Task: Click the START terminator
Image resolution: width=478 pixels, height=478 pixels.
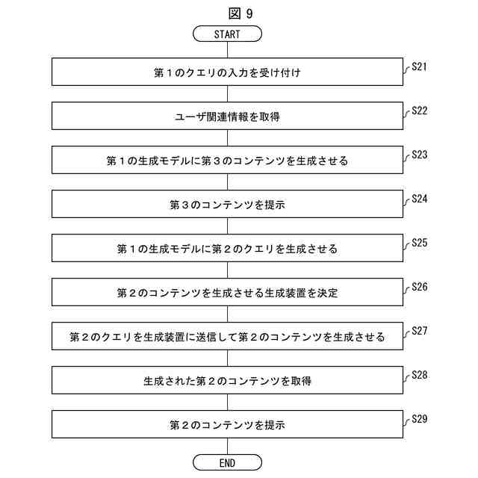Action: [x=227, y=34]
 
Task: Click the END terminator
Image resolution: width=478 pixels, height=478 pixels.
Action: [x=227, y=462]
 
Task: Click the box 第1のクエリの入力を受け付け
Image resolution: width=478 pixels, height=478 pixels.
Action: [x=227, y=73]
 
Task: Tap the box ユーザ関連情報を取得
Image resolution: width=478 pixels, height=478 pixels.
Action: [x=227, y=117]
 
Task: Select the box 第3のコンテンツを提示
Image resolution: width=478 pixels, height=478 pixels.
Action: [x=227, y=205]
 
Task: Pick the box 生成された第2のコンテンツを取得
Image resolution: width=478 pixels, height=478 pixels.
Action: [x=227, y=381]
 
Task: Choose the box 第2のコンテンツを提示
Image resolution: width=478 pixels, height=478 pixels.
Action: [x=227, y=425]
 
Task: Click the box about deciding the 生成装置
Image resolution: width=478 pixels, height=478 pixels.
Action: [x=227, y=293]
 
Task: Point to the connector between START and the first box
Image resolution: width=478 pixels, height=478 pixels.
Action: [x=227, y=50]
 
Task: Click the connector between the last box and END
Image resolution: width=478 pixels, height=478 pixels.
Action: [x=227, y=447]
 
